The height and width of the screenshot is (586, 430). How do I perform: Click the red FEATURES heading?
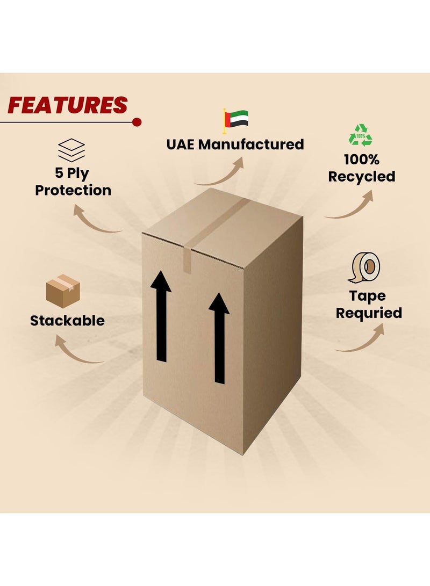pos(67,105)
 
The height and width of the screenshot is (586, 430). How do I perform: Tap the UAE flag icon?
pos(235,120)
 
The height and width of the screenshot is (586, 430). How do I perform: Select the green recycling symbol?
pos(361,135)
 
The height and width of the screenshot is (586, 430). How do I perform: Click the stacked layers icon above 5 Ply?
pos(71,150)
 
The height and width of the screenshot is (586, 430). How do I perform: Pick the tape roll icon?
pos(364,267)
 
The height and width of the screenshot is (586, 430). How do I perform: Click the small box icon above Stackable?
pos(63,291)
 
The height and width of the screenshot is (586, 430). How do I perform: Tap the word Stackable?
pos(67,321)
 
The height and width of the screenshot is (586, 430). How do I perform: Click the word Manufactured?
pos(251,144)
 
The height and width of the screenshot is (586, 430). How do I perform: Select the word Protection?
pos(73,190)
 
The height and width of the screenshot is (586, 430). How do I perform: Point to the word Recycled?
pos(362,177)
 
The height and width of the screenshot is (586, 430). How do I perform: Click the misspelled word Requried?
pos(369,313)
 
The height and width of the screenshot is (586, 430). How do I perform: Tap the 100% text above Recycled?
pos(362,160)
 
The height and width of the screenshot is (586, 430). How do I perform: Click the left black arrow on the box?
pos(161,316)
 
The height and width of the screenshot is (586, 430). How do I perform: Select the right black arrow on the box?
pos(219,338)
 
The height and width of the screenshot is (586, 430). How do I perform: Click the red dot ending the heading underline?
pos(137,122)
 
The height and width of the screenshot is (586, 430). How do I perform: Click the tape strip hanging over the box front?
pos(188,258)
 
